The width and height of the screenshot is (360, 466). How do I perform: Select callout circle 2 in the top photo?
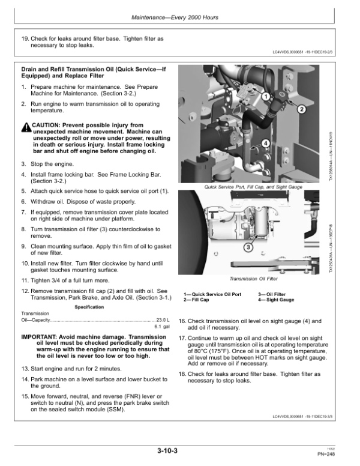(x=301, y=110)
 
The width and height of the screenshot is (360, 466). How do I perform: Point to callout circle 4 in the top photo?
(x=265, y=144)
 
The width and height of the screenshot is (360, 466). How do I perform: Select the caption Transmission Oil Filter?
(x=254, y=279)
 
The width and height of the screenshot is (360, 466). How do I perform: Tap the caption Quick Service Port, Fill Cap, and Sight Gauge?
(x=254, y=187)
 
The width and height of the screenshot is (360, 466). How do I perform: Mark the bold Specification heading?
(x=90, y=307)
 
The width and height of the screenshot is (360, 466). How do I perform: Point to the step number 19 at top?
(x=25, y=39)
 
